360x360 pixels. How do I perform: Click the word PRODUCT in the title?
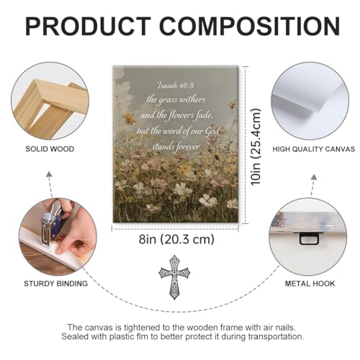point(88,26)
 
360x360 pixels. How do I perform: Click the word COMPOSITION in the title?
point(250,26)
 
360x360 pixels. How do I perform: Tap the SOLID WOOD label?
point(50,149)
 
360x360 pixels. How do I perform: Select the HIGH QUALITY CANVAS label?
point(314,149)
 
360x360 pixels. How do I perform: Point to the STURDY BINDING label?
point(55,284)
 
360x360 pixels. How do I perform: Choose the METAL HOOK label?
point(310,284)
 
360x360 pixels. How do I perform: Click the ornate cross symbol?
point(174,277)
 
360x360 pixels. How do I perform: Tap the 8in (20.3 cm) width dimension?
point(176,239)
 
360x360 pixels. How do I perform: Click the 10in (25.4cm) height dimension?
point(256,147)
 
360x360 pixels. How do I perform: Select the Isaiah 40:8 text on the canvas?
point(175,85)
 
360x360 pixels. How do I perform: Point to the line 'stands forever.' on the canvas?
point(176,146)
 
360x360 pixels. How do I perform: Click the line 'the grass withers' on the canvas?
point(176,100)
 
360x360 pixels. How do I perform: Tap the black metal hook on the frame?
point(310,238)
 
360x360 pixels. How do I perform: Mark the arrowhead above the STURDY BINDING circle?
point(49,174)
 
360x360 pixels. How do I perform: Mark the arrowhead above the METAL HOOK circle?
point(314,177)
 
